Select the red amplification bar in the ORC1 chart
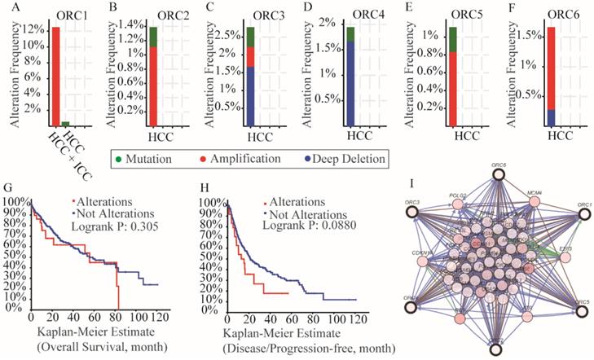pos(55,73)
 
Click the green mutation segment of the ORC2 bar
pos(152,37)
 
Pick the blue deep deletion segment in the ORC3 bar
pos(250,96)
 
